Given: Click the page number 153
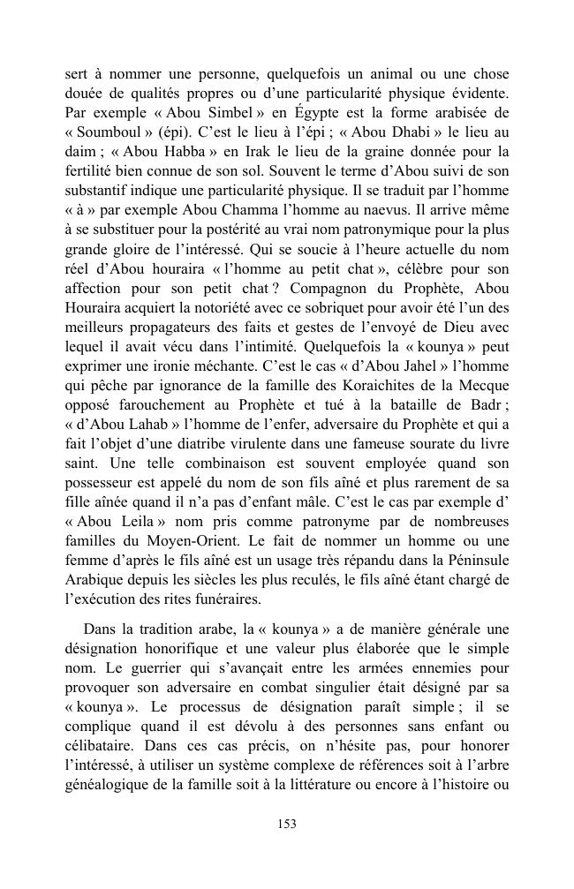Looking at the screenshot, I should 287,824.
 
